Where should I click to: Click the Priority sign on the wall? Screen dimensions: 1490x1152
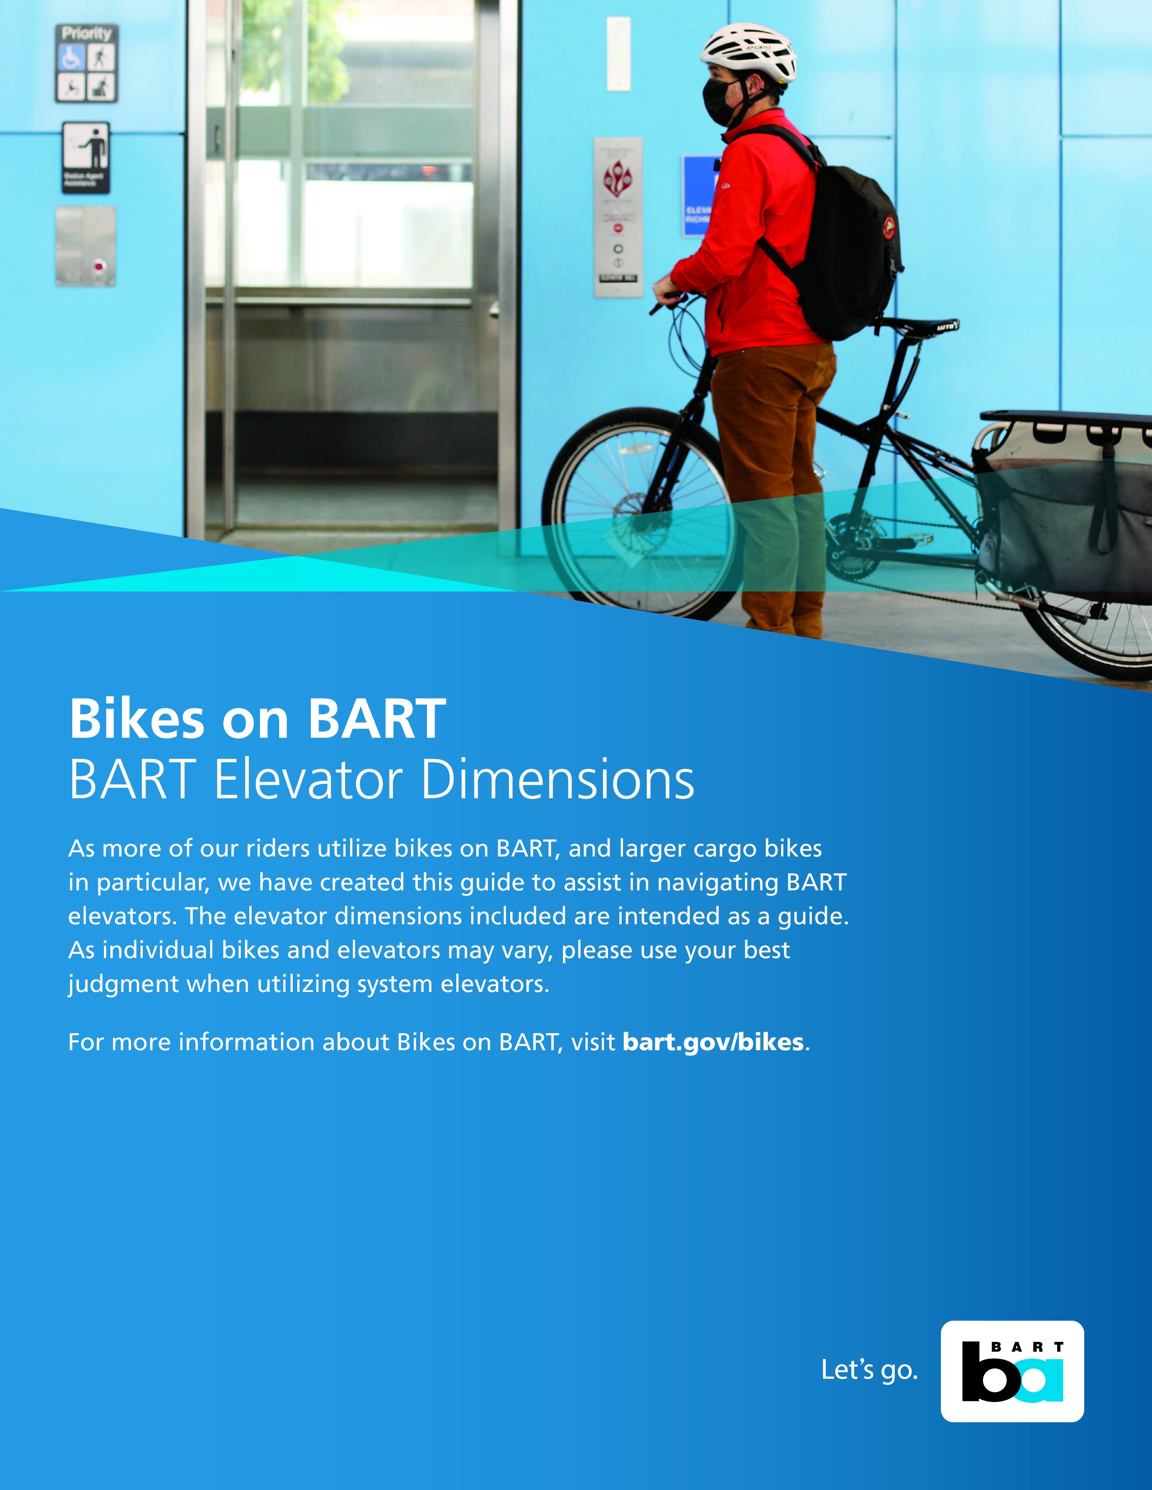87,64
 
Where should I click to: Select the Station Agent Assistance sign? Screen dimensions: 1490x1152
86,158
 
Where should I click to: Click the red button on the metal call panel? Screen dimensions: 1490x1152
99,266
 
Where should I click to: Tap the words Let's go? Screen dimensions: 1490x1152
869,1370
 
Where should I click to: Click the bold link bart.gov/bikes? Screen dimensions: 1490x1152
712,1043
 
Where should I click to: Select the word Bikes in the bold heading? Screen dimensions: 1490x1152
136,719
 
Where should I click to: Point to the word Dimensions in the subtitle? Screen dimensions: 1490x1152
557,780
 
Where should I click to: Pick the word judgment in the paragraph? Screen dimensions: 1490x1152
123,984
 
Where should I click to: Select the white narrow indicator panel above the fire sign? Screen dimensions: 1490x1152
618,54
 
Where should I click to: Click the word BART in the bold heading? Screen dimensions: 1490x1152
377,719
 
